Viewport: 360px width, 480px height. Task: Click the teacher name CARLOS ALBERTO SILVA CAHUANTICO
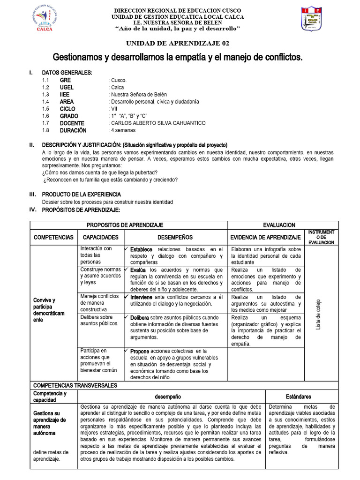tap(158, 123)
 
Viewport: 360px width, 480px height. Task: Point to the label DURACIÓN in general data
tap(73, 130)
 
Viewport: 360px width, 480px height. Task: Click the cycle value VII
tap(114, 109)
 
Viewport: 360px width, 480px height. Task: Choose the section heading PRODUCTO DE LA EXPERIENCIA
tap(82, 194)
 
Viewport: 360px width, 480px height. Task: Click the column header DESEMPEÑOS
tap(175, 237)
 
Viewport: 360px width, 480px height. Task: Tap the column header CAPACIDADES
tap(100, 237)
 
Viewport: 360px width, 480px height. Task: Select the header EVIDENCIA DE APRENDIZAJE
tap(266, 237)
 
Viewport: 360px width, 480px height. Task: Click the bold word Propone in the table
tap(140, 351)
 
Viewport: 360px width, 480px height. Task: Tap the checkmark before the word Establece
tap(127, 249)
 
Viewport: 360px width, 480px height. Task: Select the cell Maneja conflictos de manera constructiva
tap(99, 303)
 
